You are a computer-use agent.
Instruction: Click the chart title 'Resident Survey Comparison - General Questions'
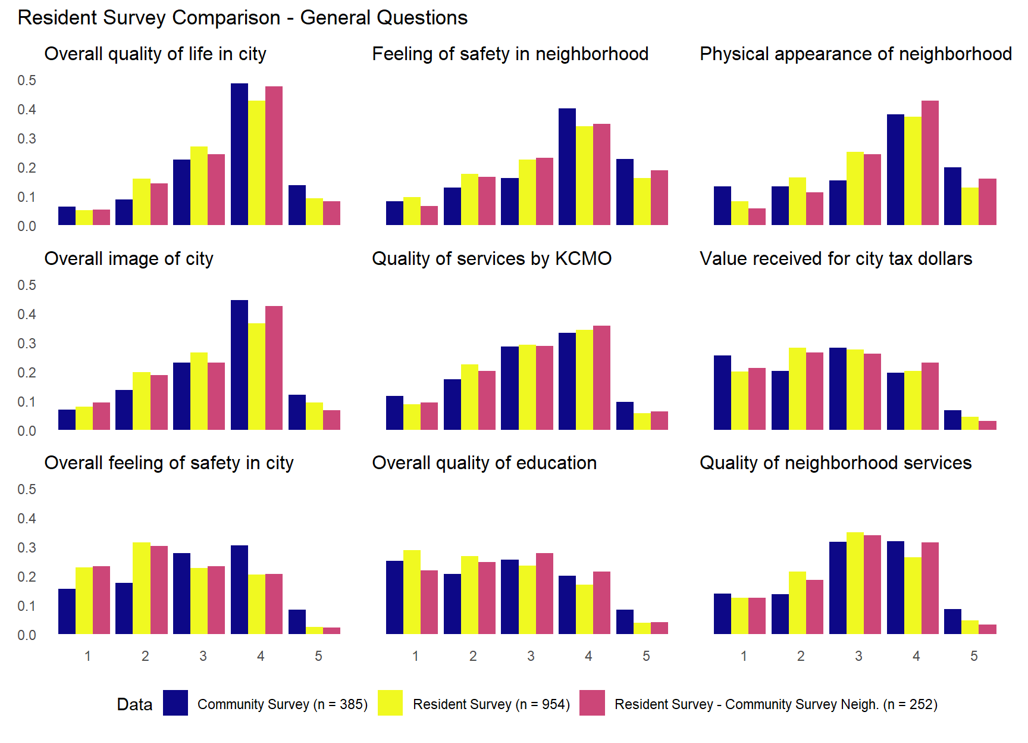click(243, 18)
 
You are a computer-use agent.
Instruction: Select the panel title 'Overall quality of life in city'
click(155, 54)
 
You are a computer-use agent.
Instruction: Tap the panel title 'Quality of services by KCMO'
click(491, 258)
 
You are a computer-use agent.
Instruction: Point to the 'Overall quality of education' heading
click(484, 463)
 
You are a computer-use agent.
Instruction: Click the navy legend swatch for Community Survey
click(175, 703)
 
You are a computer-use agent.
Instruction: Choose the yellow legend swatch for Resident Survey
click(390, 703)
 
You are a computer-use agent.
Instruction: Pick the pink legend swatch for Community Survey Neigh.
click(592, 703)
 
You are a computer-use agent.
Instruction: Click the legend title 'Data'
click(134, 705)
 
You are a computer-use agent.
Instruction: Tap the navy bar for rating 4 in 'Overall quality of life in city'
click(239, 155)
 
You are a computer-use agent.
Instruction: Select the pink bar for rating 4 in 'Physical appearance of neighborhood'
click(930, 163)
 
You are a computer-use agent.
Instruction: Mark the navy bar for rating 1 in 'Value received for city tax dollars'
click(722, 393)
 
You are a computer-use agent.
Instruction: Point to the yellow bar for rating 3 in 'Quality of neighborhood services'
click(855, 583)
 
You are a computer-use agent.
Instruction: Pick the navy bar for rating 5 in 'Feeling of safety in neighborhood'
click(625, 192)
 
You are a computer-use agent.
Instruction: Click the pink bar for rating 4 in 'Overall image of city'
click(274, 368)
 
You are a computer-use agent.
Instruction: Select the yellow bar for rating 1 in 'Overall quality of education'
click(412, 592)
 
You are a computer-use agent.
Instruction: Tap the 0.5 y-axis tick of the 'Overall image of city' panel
click(27, 285)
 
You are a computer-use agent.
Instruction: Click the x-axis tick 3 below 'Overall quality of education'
click(531, 656)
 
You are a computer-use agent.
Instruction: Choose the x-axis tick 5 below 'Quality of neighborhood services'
click(974, 656)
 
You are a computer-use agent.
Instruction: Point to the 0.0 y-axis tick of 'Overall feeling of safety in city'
click(27, 635)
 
